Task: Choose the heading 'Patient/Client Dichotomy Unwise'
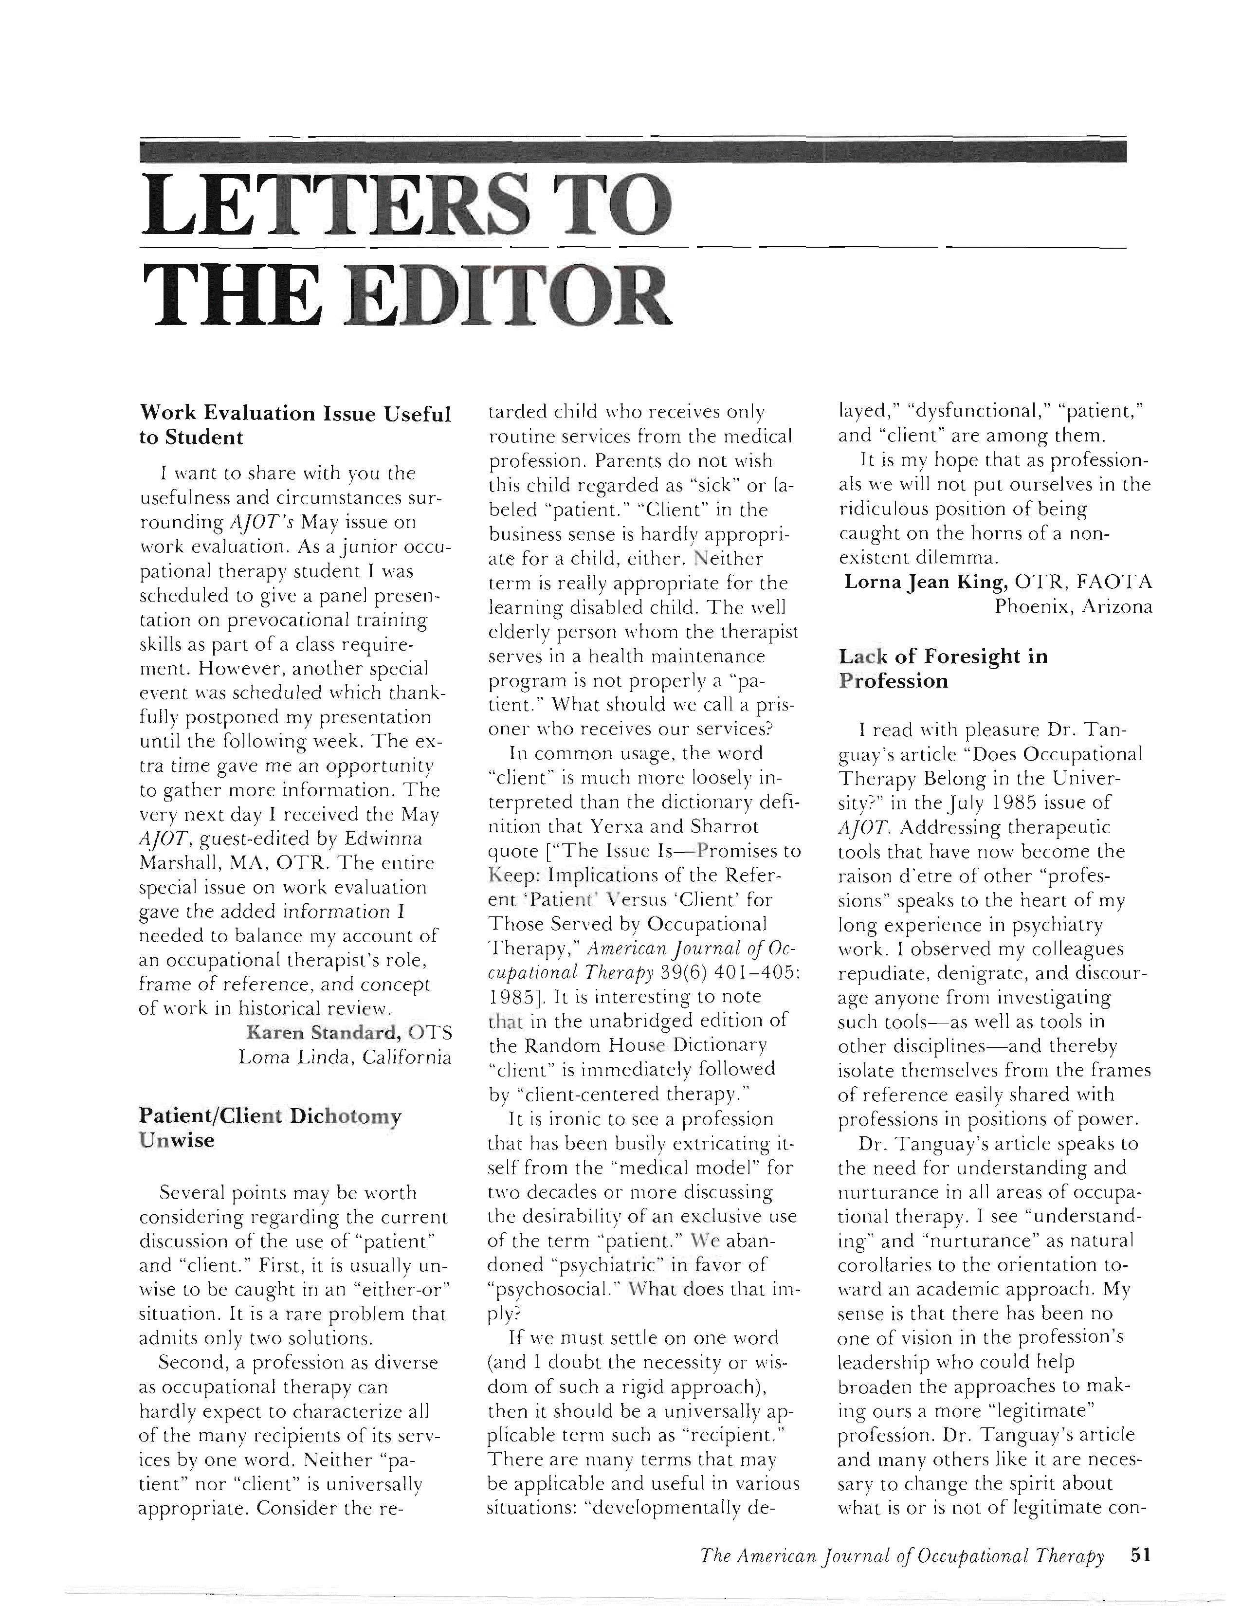[x=270, y=1128]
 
